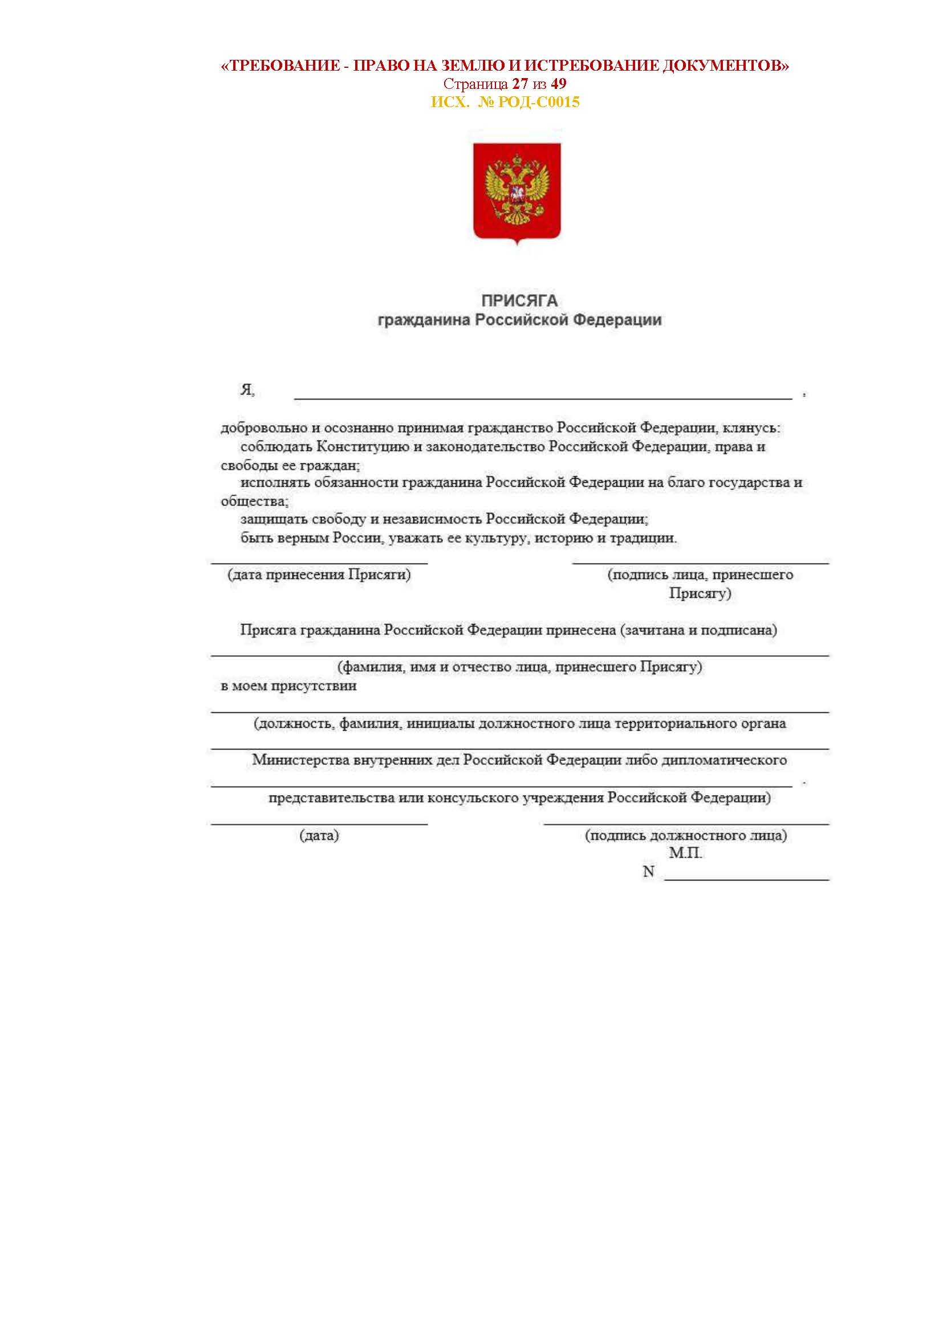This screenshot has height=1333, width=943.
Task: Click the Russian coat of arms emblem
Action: [517, 191]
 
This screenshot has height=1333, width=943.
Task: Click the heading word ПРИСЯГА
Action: [519, 301]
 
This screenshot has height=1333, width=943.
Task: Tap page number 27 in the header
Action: [520, 84]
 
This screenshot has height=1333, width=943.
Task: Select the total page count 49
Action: [559, 84]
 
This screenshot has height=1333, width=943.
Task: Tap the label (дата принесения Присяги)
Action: [319, 575]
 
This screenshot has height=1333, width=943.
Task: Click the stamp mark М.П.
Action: [685, 853]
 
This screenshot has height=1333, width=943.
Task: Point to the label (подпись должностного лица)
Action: [686, 835]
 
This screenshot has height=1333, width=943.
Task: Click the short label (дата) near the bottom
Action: [319, 835]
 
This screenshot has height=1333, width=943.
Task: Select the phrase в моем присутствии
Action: [288, 686]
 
